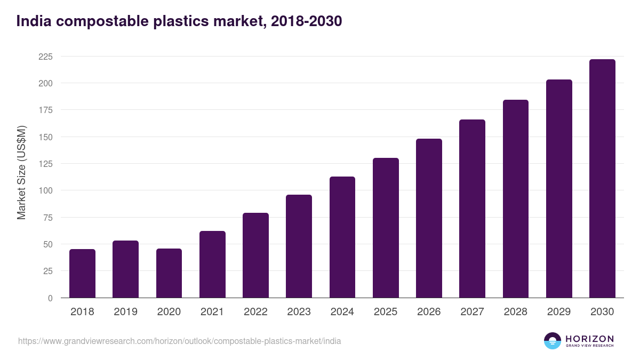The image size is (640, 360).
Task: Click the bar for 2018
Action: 82,273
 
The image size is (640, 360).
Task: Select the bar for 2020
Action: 169,273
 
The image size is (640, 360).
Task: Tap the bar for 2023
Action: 299,246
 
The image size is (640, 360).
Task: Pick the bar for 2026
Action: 429,218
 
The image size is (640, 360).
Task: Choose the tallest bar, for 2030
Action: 602,179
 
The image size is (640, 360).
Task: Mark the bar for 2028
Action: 516,198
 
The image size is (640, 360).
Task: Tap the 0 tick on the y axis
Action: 50,298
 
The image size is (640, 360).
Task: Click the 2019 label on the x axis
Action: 125,312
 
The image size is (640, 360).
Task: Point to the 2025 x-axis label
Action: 386,312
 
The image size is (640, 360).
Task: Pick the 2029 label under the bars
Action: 559,312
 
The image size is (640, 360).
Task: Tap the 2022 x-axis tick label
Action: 255,312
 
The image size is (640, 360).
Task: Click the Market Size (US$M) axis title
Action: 22,172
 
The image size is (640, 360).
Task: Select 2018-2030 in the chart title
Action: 306,21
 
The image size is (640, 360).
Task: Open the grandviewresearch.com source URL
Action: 179,341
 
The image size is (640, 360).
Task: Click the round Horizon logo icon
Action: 553,341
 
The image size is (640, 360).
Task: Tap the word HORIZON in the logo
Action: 589,339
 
